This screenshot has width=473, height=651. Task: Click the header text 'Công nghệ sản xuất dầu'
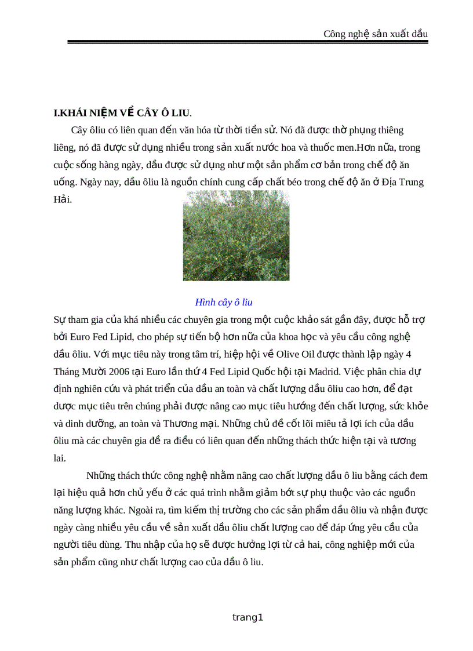click(x=376, y=34)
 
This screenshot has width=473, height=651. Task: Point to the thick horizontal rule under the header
click(x=248, y=42)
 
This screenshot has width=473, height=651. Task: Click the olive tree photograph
click(x=236, y=235)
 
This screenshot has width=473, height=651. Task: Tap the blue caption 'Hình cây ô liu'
click(x=224, y=302)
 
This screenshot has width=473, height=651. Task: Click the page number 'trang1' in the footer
click(x=248, y=617)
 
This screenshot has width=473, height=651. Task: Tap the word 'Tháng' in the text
click(x=67, y=371)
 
